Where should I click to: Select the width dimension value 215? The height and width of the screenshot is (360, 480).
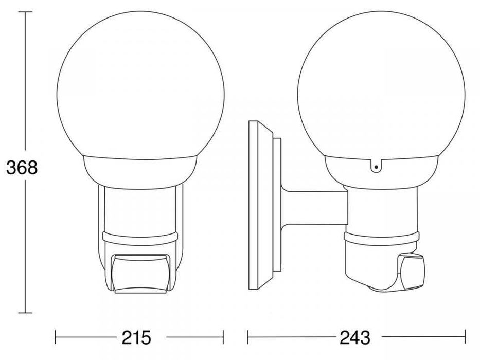(136, 337)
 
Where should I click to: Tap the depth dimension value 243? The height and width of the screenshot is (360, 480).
(354, 337)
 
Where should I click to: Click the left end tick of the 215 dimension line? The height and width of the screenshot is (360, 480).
(56, 337)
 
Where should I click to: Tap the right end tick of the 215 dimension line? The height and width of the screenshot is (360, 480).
(223, 337)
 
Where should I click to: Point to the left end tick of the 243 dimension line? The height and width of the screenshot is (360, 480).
(248, 337)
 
